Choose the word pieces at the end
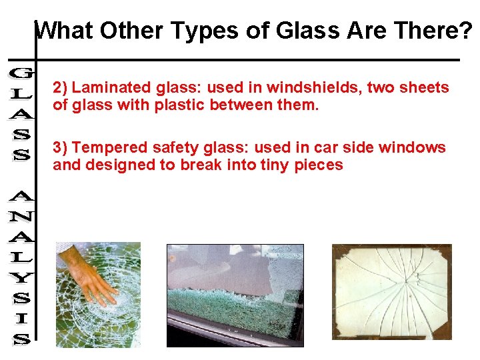320,165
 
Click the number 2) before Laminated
61,88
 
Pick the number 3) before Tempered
61,148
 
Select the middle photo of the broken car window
235,295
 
